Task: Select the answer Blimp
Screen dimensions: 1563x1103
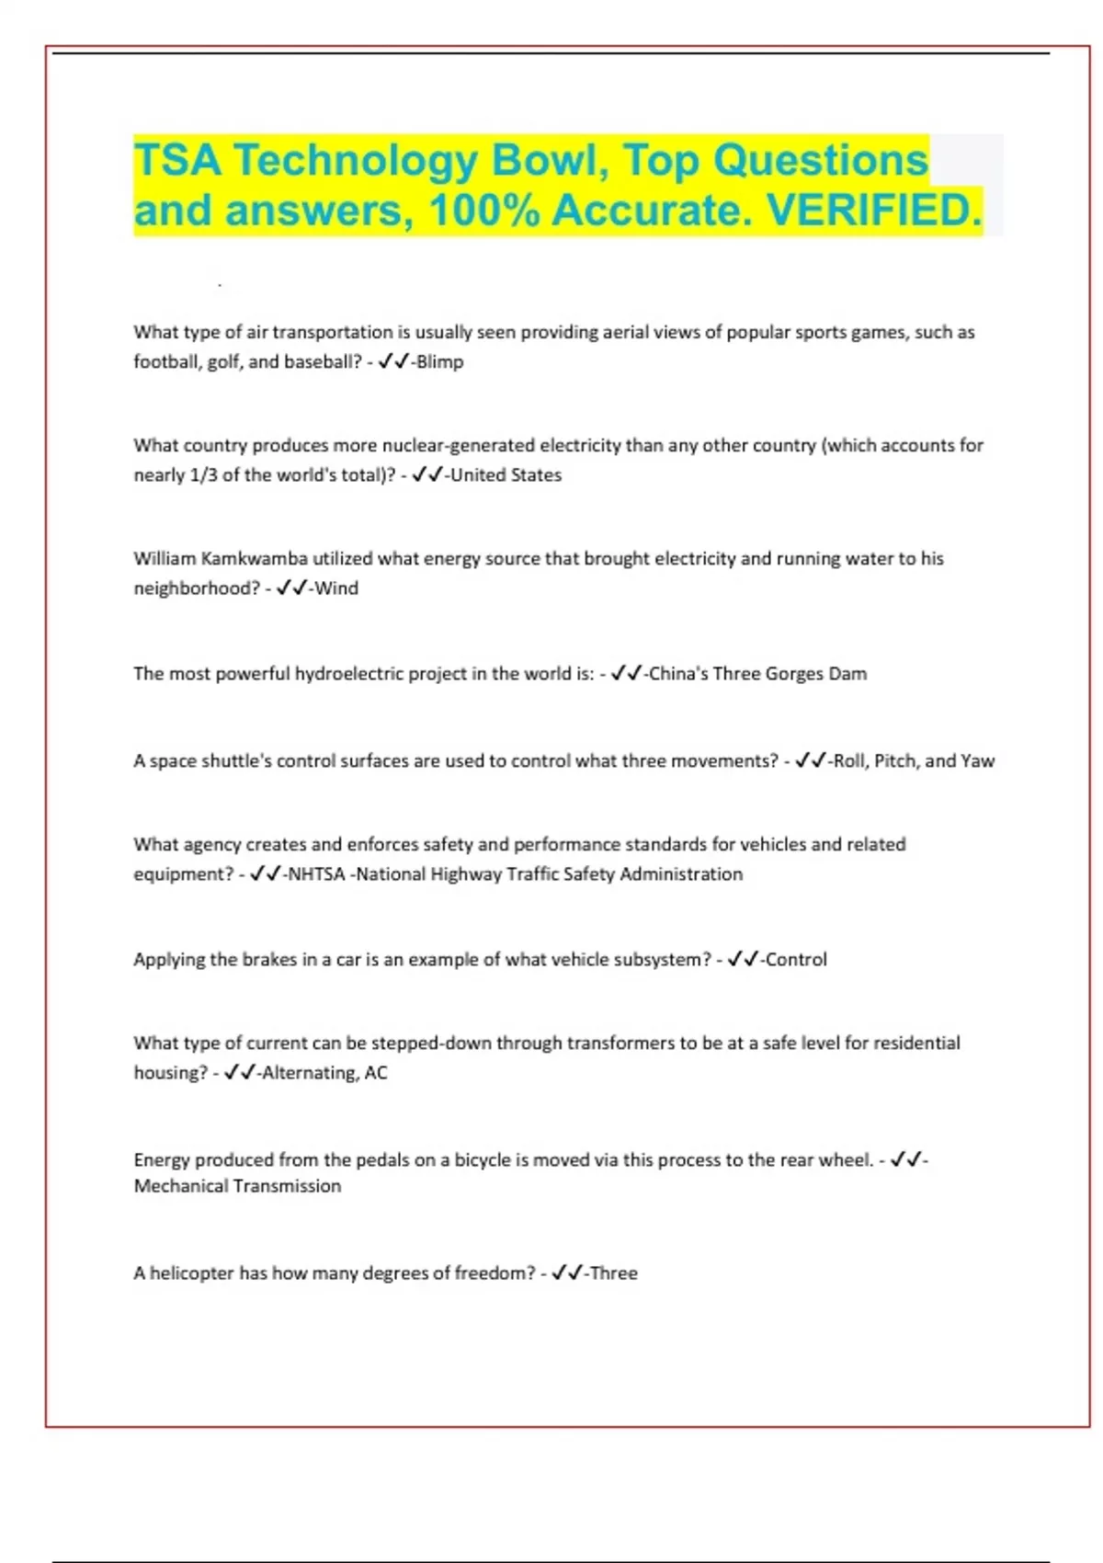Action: click(440, 362)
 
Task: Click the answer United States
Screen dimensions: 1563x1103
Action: click(506, 475)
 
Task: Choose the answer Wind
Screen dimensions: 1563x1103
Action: click(336, 588)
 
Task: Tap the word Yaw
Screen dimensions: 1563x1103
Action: click(977, 761)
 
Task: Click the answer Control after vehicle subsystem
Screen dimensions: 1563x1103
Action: click(796, 960)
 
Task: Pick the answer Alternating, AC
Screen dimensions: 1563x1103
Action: click(324, 1073)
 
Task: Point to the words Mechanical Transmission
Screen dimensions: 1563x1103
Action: click(237, 1187)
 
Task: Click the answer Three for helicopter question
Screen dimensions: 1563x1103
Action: click(614, 1273)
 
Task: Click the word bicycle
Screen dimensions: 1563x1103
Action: click(483, 1160)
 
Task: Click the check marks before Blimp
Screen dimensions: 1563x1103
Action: click(393, 362)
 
